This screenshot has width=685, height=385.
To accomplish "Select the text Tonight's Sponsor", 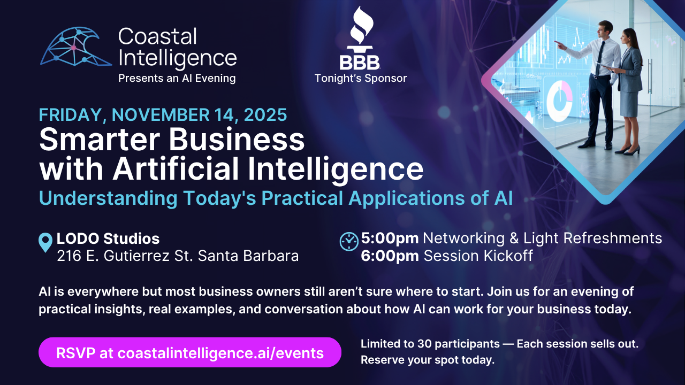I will coord(360,79).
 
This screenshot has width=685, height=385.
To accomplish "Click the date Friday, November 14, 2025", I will coord(163,115).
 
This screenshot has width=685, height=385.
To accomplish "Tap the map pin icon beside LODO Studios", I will coord(46,242).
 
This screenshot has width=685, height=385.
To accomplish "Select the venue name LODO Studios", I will coord(108,238).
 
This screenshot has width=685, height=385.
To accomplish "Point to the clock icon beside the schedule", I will coord(349,241).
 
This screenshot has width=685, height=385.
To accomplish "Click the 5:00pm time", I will coord(390,238).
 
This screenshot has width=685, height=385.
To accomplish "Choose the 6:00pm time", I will coord(390,256).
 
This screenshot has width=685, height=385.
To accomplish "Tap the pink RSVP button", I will coord(189,352).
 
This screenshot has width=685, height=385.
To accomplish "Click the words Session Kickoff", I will coord(478,256).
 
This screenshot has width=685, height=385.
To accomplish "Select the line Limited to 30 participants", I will coord(430,344).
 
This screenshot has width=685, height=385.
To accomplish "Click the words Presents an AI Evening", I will coord(177,79).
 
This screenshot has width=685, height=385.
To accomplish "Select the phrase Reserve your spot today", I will coord(427,360).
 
